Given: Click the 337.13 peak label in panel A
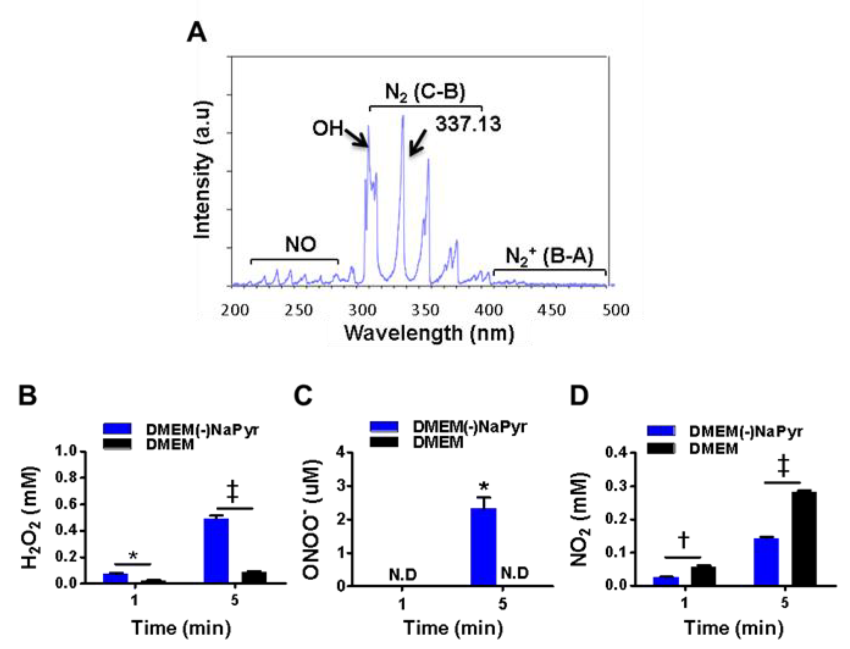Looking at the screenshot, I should pyautogui.click(x=468, y=124).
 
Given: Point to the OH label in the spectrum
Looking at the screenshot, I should pyautogui.click(x=328, y=128).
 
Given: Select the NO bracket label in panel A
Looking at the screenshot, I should pyautogui.click(x=301, y=244).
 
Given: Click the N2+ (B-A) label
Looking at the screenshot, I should pyautogui.click(x=549, y=256).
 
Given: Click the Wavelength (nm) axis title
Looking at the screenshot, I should pyautogui.click(x=429, y=333).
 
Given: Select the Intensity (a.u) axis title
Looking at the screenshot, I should pyautogui.click(x=203, y=170).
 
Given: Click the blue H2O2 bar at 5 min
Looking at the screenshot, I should pyautogui.click(x=216, y=550).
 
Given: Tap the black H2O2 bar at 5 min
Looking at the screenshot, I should pyautogui.click(x=254, y=577).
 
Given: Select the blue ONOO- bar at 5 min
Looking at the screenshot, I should pyautogui.click(x=483, y=546).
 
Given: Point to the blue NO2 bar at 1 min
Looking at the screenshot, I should pyautogui.click(x=666, y=581).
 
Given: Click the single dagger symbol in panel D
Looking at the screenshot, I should pyautogui.click(x=683, y=540).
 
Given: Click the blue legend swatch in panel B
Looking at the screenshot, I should pyautogui.click(x=117, y=429).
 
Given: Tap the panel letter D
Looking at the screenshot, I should pyautogui.click(x=579, y=396).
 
